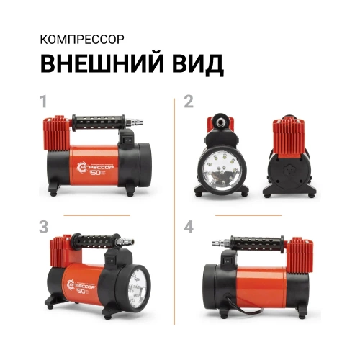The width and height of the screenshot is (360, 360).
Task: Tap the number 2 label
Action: (189, 102)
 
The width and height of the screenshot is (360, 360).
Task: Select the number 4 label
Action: (189, 228)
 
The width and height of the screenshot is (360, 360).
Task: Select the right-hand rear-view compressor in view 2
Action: (294, 158)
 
